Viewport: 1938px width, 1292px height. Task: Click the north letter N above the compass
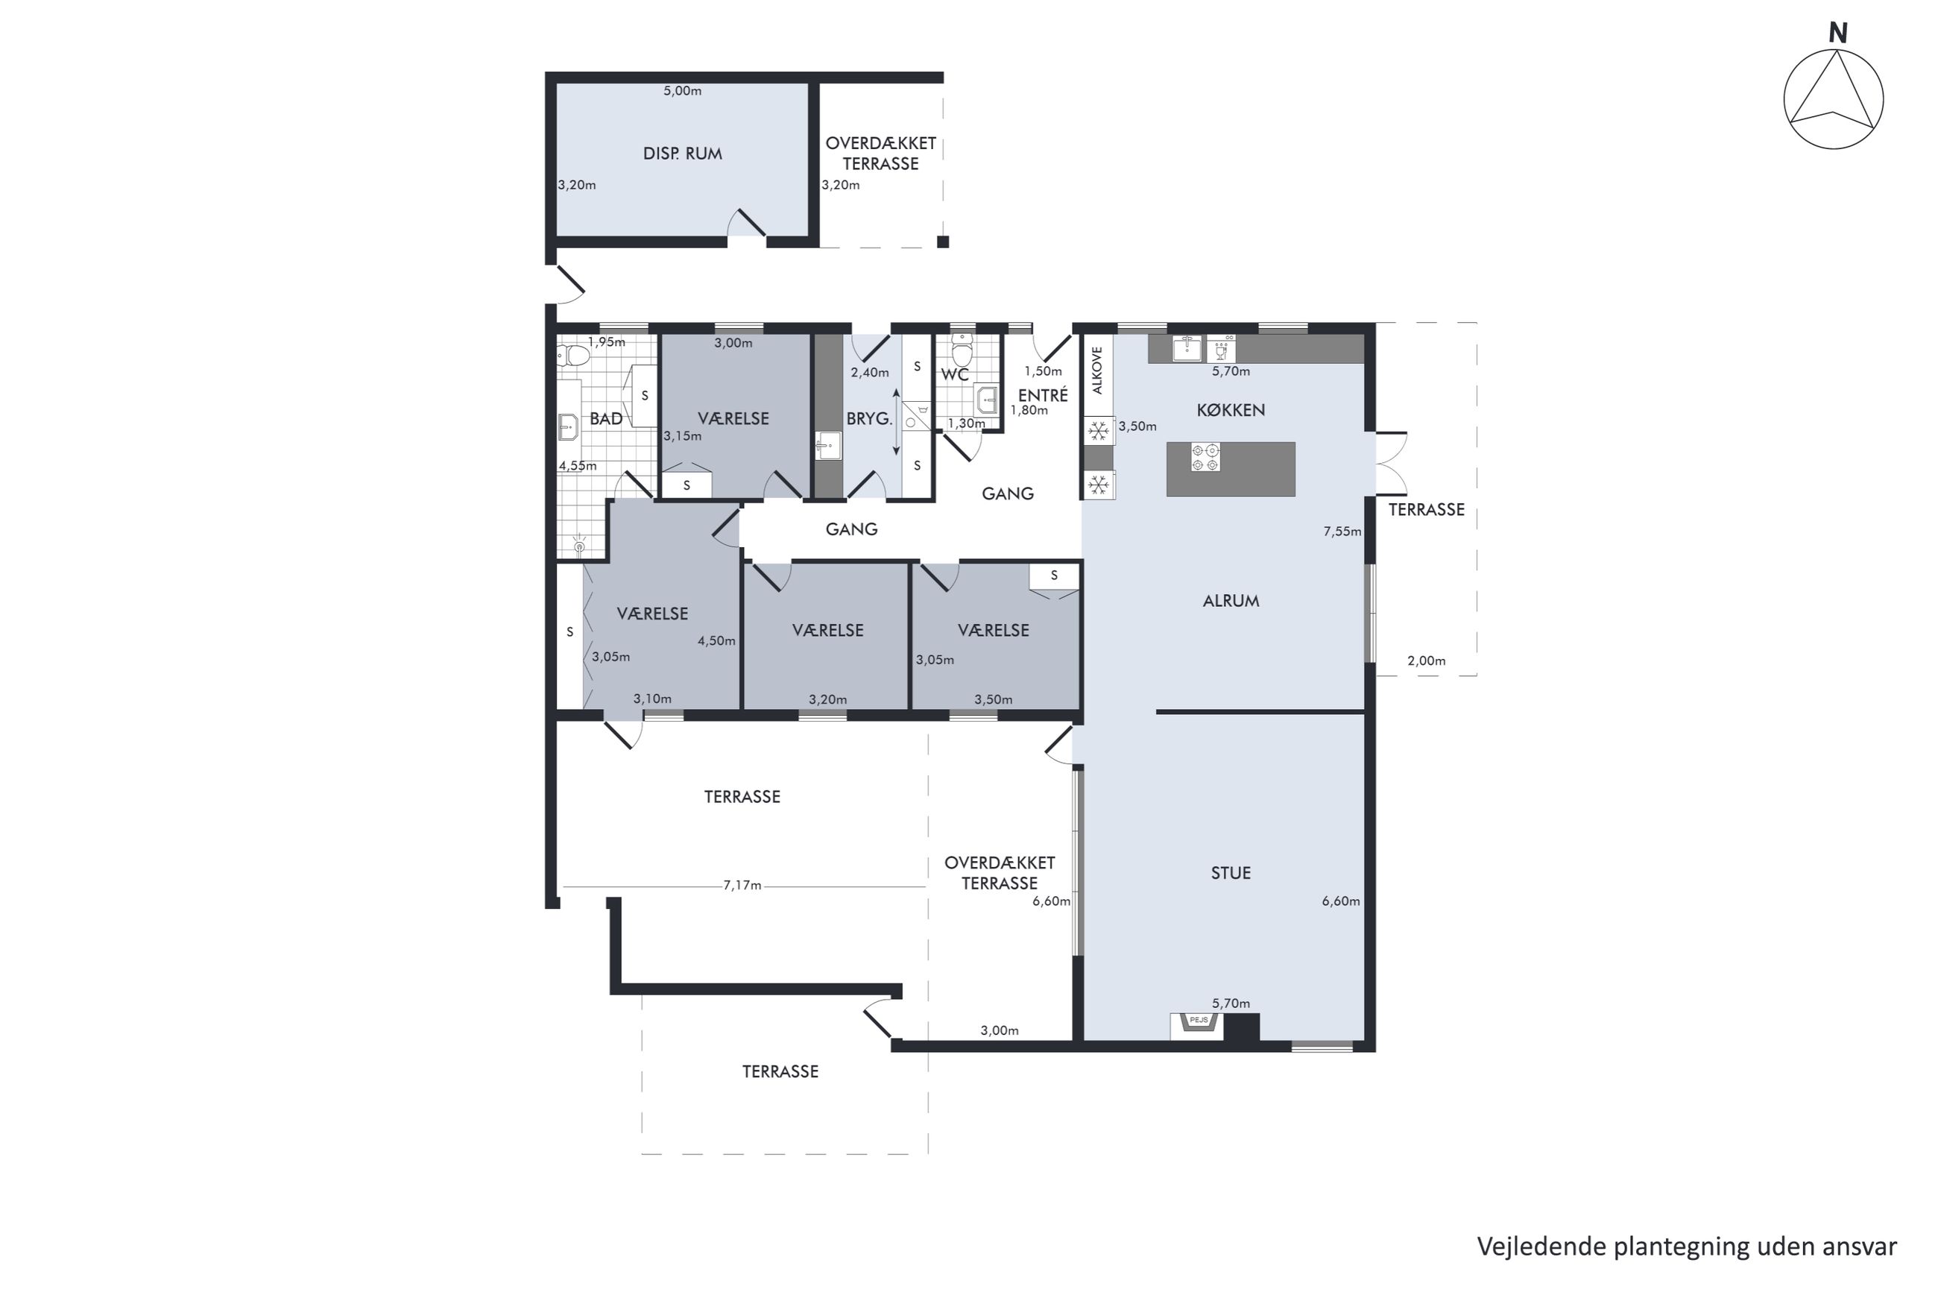tap(1837, 33)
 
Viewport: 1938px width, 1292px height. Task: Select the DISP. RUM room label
tap(682, 154)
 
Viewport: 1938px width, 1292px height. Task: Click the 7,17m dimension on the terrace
tap(742, 886)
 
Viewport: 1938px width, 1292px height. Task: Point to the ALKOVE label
tap(1096, 370)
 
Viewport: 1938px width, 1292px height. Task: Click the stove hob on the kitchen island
tap(1205, 457)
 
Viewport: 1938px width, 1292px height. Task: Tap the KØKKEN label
tap(1231, 410)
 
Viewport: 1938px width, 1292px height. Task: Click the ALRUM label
tap(1231, 602)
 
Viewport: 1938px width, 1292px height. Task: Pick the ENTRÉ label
tap(1043, 396)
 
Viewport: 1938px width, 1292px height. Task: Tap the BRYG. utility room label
tap(869, 418)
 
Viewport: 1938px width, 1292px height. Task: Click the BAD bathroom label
tap(606, 418)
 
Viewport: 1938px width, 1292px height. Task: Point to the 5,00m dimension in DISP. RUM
tap(683, 91)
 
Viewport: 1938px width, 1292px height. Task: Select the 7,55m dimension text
tap(1342, 532)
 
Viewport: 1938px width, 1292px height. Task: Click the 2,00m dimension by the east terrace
tap(1427, 661)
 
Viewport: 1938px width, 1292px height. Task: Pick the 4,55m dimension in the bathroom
tap(578, 465)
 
